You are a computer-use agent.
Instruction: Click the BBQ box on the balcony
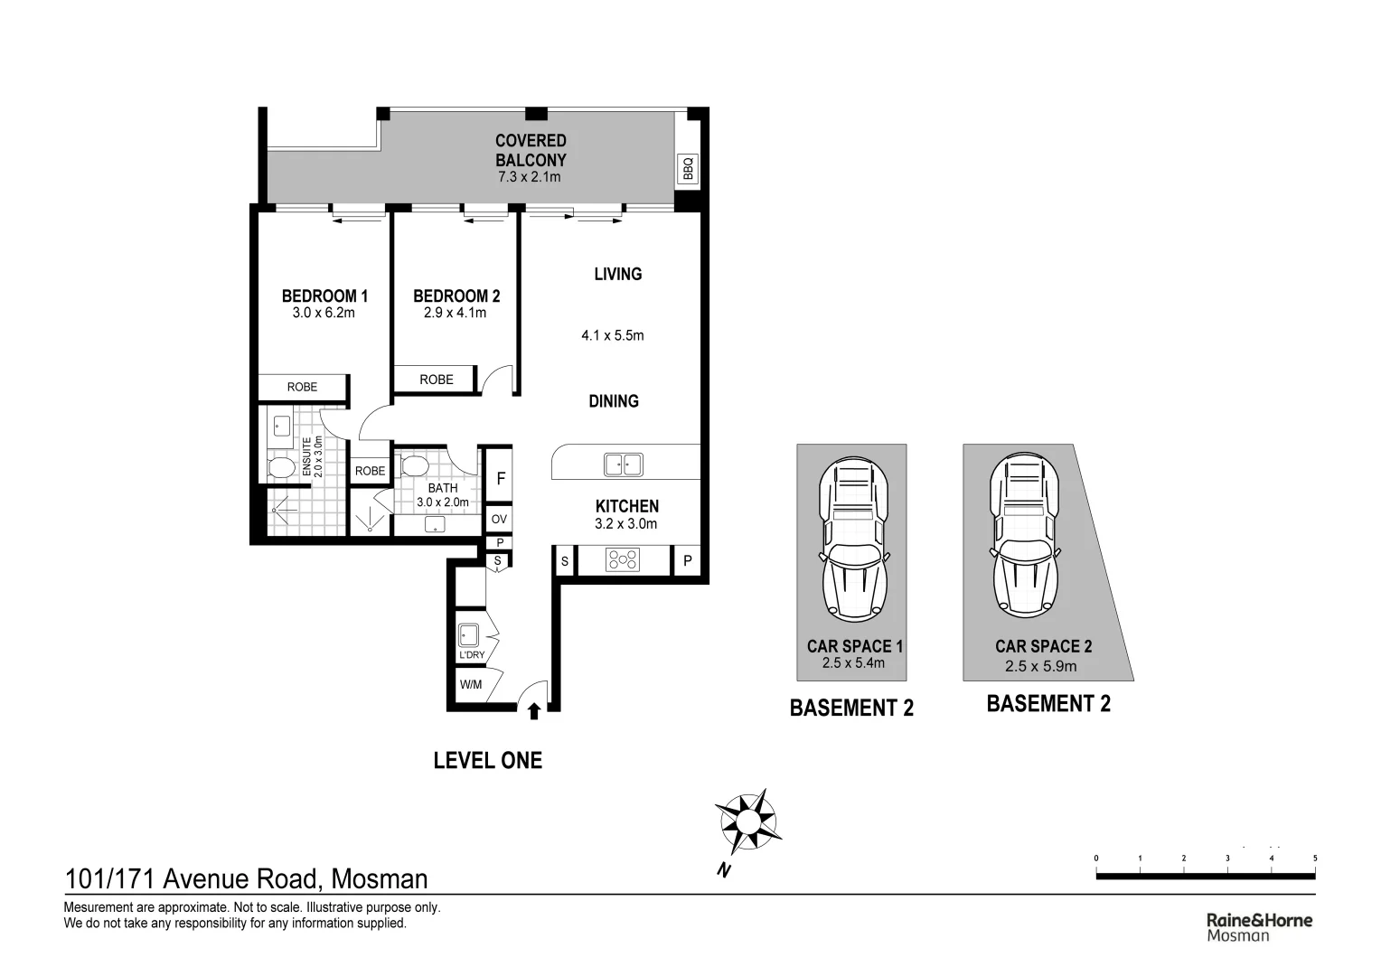tap(688, 168)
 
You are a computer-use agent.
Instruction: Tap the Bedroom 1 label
tap(324, 296)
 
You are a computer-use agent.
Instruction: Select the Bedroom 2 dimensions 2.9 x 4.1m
tap(455, 314)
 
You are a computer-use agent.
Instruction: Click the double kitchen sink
tap(624, 465)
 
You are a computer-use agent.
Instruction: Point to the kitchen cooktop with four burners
tap(623, 559)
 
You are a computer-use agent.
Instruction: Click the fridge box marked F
tap(501, 478)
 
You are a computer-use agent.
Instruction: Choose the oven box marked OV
tap(500, 519)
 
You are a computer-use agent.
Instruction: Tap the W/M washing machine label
tap(471, 684)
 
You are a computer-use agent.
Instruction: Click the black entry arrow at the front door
tap(534, 711)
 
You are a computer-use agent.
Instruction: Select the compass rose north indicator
tap(747, 822)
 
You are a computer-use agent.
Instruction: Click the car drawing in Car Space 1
tap(854, 540)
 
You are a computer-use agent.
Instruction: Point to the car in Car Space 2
tap(1025, 535)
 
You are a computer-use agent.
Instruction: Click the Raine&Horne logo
tap(1260, 926)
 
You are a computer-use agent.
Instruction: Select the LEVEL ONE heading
tap(488, 760)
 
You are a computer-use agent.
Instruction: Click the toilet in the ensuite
tap(281, 466)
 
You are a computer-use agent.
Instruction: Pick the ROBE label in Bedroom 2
tap(437, 380)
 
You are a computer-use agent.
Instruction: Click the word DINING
tap(614, 401)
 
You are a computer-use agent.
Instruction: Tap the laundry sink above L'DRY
tap(468, 635)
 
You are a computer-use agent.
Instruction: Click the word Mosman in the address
tap(380, 879)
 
